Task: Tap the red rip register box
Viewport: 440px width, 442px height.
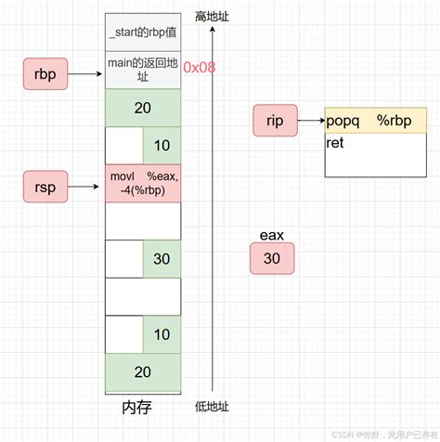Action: click(x=275, y=121)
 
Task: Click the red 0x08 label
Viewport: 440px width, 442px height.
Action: click(x=199, y=68)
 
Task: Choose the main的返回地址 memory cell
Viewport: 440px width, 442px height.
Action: click(x=143, y=69)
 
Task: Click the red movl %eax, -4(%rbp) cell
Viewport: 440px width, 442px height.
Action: click(x=143, y=183)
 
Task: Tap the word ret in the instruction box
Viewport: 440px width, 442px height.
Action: click(x=336, y=144)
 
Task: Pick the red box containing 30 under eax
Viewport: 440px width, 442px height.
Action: click(x=272, y=259)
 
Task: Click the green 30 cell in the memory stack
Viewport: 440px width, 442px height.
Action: click(x=162, y=258)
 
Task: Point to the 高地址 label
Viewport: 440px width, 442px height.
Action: click(x=213, y=17)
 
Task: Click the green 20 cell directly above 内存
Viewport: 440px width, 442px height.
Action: click(x=143, y=371)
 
